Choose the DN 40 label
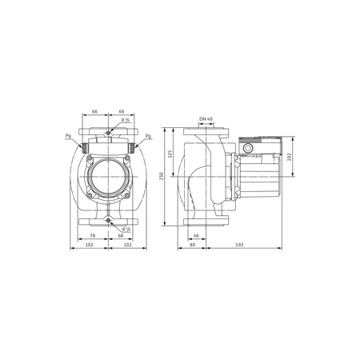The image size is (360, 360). pos(206,118)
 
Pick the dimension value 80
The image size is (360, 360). pos(193,246)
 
